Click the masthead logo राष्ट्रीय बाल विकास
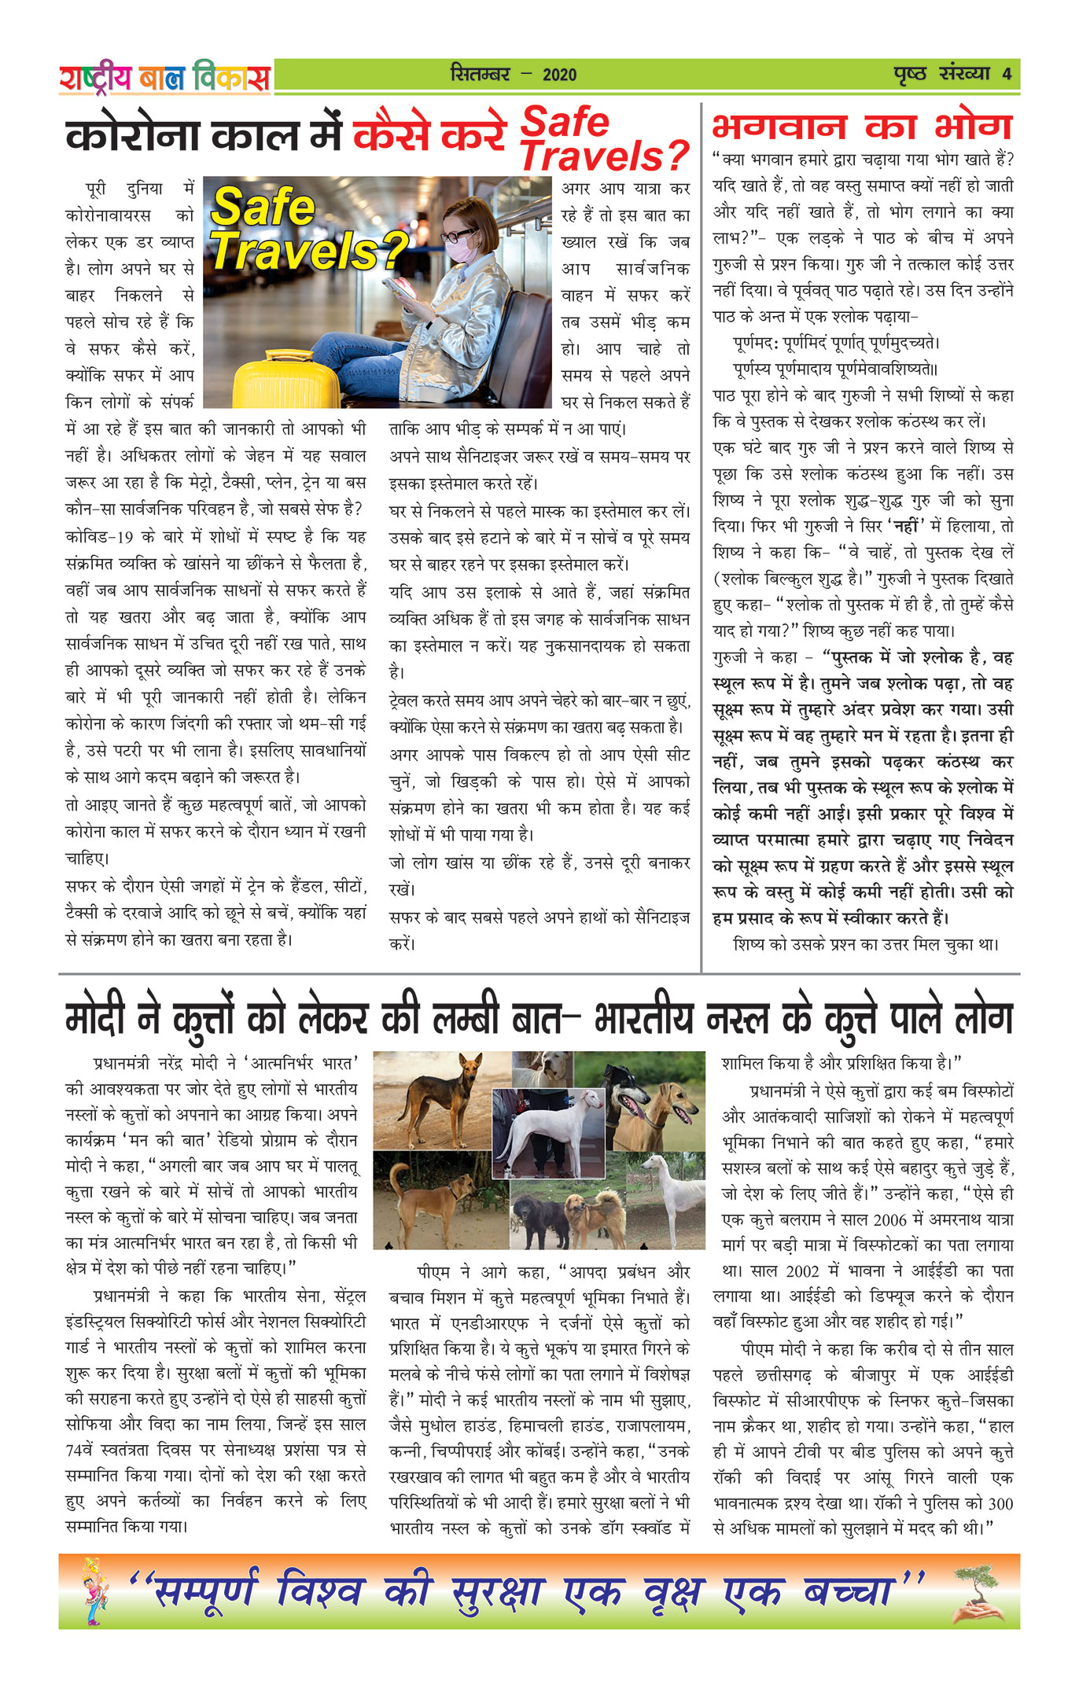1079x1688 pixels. [x=164, y=77]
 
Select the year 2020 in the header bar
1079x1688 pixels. [x=559, y=75]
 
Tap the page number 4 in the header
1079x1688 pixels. [x=1007, y=74]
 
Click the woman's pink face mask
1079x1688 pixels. [x=462, y=248]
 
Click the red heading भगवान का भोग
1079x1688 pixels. [x=862, y=127]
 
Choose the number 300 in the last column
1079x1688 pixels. [x=1000, y=1503]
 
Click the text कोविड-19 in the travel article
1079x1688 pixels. [x=99, y=537]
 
